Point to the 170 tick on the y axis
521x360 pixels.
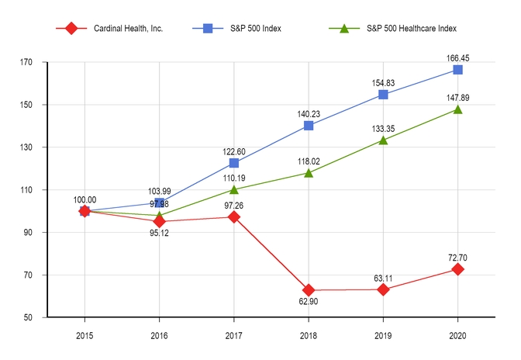36,62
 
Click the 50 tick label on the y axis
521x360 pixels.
37,318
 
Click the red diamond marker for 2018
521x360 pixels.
309,290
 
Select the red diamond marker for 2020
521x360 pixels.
457,269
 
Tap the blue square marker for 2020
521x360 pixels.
457,70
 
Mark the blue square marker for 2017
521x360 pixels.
234,163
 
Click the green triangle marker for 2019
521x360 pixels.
383,140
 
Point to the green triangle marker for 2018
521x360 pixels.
309,172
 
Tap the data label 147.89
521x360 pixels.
457,98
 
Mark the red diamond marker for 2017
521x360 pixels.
234,216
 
